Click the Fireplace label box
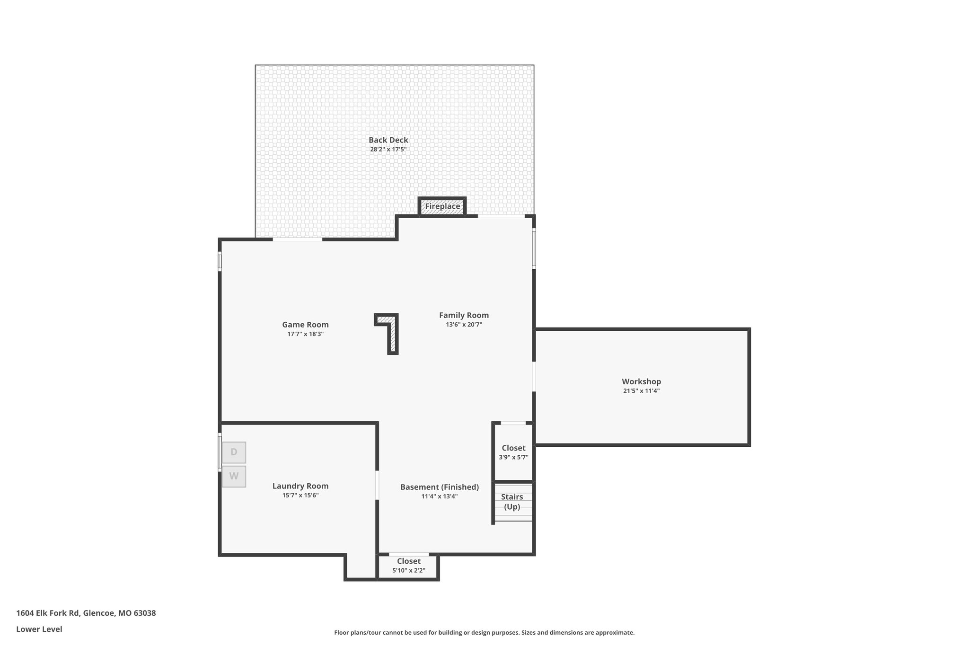pos(442,206)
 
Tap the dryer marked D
pos(234,452)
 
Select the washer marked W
pos(234,476)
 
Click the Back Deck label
pos(388,140)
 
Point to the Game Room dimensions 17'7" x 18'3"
pos(306,334)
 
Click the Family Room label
pos(464,315)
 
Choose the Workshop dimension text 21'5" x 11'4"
pos(641,391)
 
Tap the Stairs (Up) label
pos(512,502)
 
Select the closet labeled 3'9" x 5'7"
pos(513,452)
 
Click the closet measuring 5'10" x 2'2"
pos(408,566)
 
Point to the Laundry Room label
pos(300,486)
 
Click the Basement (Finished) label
pos(440,487)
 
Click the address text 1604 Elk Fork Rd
pos(47,613)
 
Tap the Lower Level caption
pos(39,629)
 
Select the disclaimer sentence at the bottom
pos(484,632)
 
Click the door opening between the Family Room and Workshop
pos(534,377)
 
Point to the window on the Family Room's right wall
pos(534,249)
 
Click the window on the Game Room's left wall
pos(220,261)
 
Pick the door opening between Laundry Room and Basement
pos(377,485)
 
